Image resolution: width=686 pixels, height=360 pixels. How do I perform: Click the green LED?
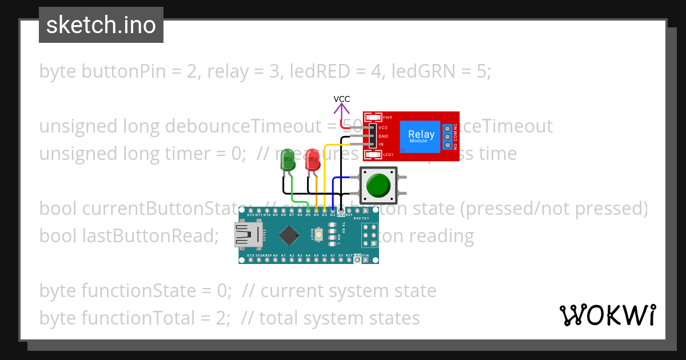[x=287, y=161]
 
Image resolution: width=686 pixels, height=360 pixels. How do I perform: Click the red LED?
[x=312, y=160]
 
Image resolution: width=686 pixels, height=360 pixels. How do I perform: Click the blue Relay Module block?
[x=420, y=137]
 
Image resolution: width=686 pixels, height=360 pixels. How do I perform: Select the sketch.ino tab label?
[x=101, y=25]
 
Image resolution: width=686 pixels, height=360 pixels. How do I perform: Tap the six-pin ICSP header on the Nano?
[x=370, y=235]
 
